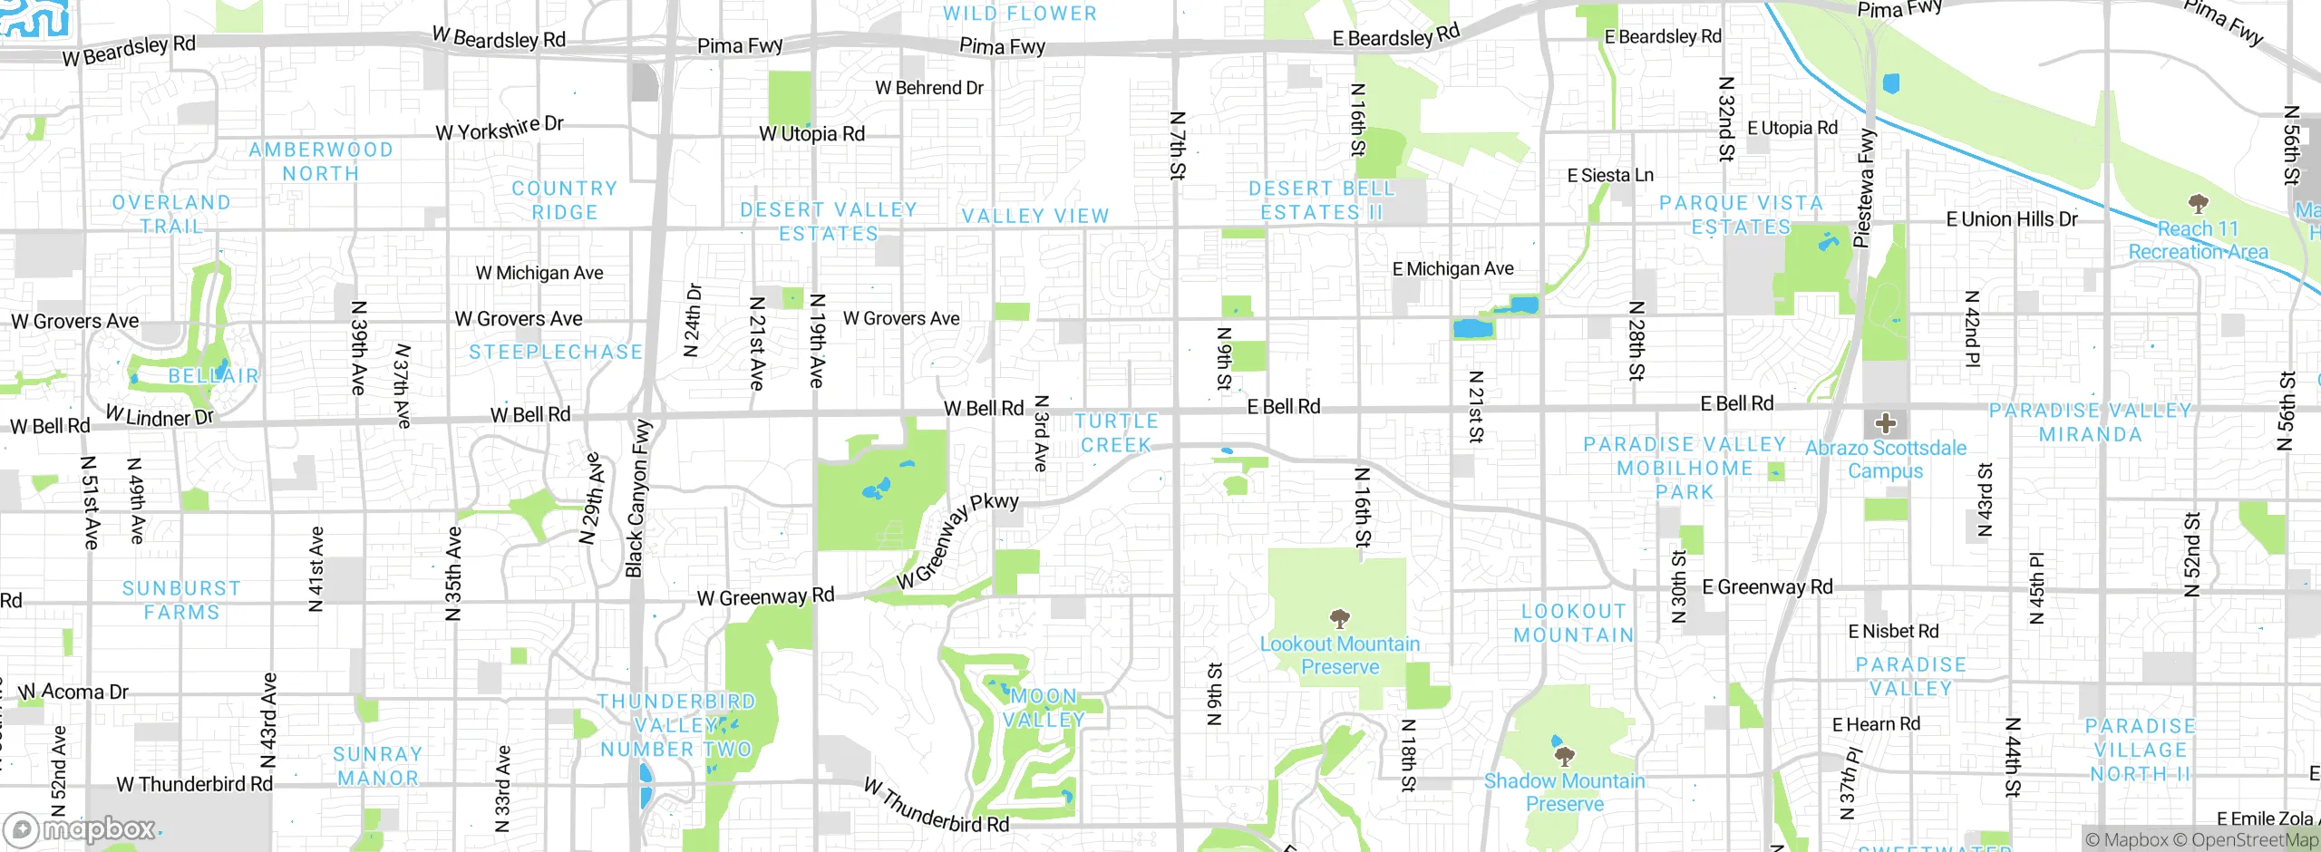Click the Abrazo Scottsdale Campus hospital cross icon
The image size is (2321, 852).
tap(1886, 422)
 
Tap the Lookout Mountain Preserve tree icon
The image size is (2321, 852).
tap(1340, 620)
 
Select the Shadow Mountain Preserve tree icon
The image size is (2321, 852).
tap(1564, 756)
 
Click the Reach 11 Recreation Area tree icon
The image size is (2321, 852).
tap(2198, 202)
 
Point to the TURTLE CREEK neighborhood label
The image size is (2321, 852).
tap(1116, 433)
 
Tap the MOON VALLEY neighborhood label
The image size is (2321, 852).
tap(1044, 708)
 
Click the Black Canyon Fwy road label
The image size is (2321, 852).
tap(638, 498)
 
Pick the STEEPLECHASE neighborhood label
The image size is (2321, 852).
tap(556, 352)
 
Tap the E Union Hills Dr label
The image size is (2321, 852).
tap(2012, 219)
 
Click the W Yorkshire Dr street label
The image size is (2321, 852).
tap(500, 129)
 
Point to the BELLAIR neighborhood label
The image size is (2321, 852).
tap(213, 375)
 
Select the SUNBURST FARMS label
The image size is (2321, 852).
tap(181, 600)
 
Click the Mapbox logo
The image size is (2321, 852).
tap(82, 828)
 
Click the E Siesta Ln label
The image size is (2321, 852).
tap(1610, 175)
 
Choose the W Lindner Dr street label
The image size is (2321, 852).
tap(160, 417)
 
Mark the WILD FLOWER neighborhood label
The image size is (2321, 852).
tap(1020, 14)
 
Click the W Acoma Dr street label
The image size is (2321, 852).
tap(74, 692)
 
